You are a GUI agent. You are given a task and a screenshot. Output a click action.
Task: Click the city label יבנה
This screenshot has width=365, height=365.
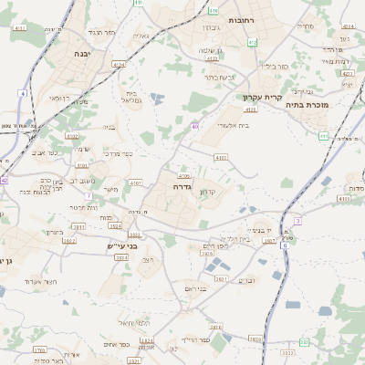pyautogui.click(x=76, y=55)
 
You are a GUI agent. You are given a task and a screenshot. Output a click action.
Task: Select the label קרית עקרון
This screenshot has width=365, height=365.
pyautogui.click(x=259, y=96)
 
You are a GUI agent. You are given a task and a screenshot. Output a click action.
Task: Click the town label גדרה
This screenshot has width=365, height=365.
pyautogui.click(x=179, y=186)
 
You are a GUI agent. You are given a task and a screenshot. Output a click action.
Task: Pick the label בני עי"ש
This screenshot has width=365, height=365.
pyautogui.click(x=121, y=245)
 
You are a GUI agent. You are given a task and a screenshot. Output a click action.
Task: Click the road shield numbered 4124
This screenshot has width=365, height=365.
pyautogui.click(x=119, y=65)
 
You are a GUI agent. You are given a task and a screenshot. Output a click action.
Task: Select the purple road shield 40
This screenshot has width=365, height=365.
pyautogui.click(x=195, y=126)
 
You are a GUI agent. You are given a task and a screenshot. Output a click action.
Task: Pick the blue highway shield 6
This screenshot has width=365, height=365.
pyautogui.click(x=285, y=245)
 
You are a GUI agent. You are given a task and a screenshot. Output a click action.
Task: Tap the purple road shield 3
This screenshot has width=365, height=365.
pyautogui.click(x=297, y=221)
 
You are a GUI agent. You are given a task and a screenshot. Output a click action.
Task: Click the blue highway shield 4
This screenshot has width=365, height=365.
pyautogui.click(x=21, y=93)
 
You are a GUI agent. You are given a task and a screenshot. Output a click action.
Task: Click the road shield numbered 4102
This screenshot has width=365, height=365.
pyautogui.click(x=73, y=136)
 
